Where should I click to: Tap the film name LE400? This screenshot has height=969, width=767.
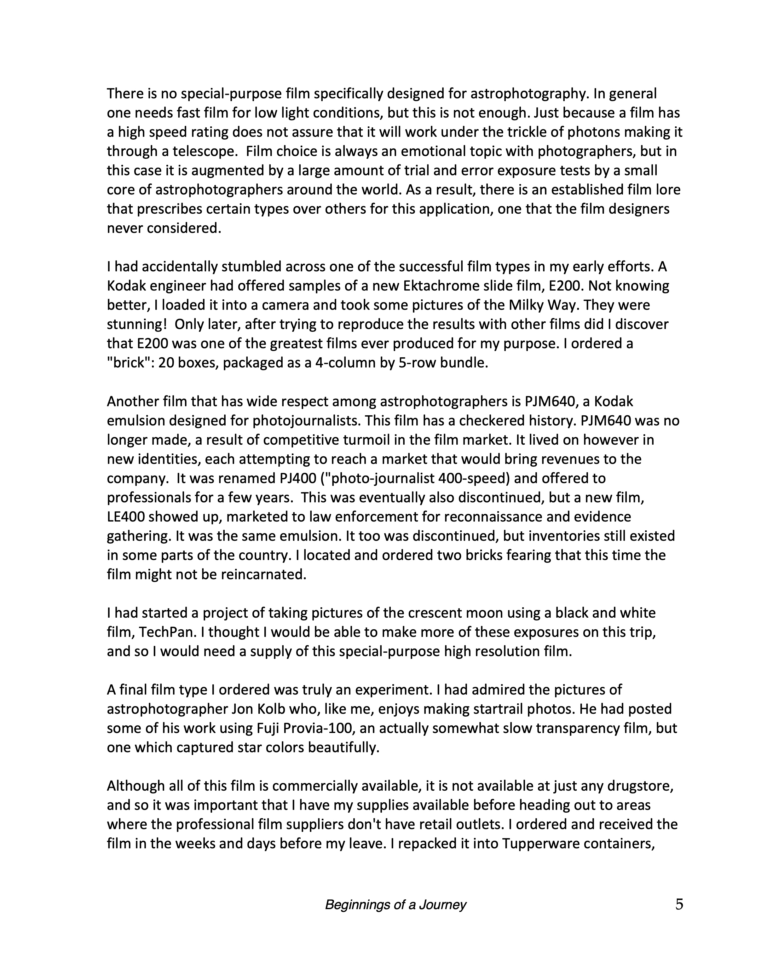coord(126,517)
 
